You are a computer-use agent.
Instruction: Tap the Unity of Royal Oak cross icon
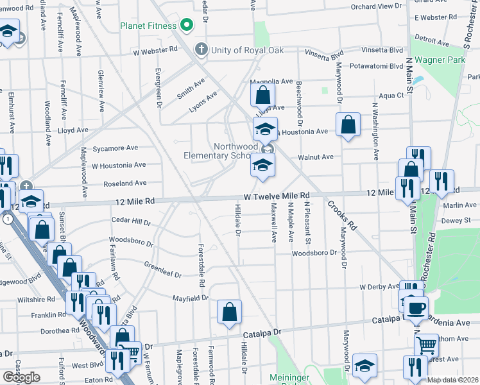click(201, 49)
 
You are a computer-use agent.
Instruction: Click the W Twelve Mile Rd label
click(277, 195)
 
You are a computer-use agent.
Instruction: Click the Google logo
click(21, 377)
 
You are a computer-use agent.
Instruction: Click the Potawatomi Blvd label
click(376, 66)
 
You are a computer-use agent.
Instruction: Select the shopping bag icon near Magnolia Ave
click(263, 96)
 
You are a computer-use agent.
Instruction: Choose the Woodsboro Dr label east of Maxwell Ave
click(314, 253)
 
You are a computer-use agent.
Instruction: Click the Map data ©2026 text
click(452, 380)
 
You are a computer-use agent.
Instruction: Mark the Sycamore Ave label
click(115, 148)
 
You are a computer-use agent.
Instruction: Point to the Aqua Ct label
click(391, 96)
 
